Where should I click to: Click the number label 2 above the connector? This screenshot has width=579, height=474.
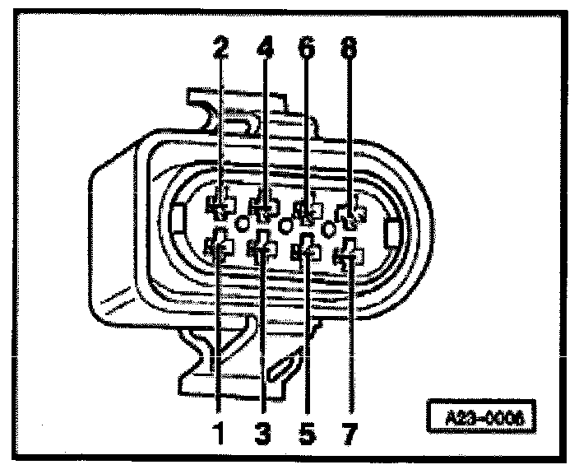(220, 49)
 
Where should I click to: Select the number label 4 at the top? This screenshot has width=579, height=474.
(265, 49)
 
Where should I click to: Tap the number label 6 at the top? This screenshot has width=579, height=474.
(307, 49)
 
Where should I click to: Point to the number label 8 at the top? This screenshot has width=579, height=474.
(350, 49)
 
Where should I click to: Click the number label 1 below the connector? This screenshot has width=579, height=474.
(220, 430)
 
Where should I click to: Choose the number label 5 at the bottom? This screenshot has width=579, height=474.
(306, 430)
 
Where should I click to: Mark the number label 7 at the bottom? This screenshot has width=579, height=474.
(349, 430)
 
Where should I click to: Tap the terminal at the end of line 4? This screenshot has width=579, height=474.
(265, 207)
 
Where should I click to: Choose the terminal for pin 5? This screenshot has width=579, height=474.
(308, 250)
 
